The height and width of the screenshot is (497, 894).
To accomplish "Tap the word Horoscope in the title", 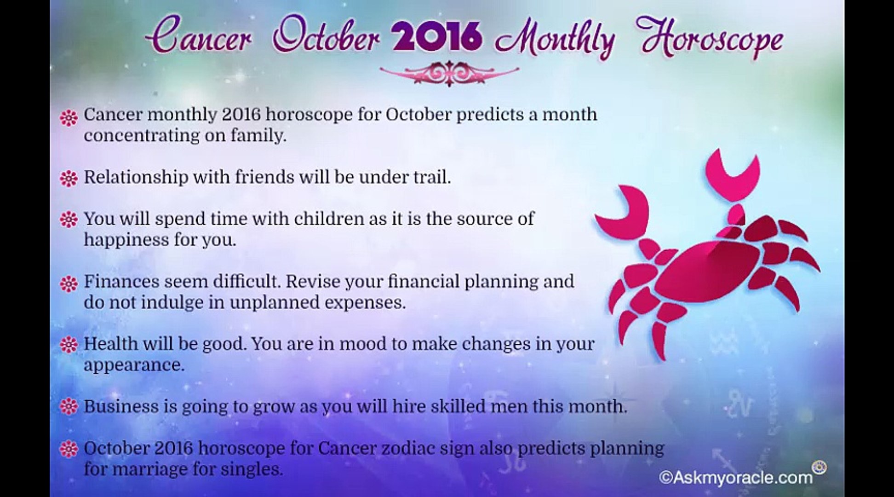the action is pyautogui.click(x=712, y=40).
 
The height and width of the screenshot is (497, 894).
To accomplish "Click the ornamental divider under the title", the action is pyautogui.click(x=449, y=74).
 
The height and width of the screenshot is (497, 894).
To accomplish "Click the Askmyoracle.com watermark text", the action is pyautogui.click(x=736, y=477).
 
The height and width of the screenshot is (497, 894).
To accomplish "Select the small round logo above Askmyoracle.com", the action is pyautogui.click(x=819, y=468).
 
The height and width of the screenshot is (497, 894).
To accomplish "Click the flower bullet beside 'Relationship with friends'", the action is pyautogui.click(x=69, y=179).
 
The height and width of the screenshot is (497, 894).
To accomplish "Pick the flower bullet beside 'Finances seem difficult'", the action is pyautogui.click(x=69, y=283).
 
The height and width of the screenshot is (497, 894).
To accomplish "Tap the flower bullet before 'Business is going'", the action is pyautogui.click(x=69, y=407).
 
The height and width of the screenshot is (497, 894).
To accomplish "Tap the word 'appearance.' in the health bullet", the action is pyautogui.click(x=134, y=366).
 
